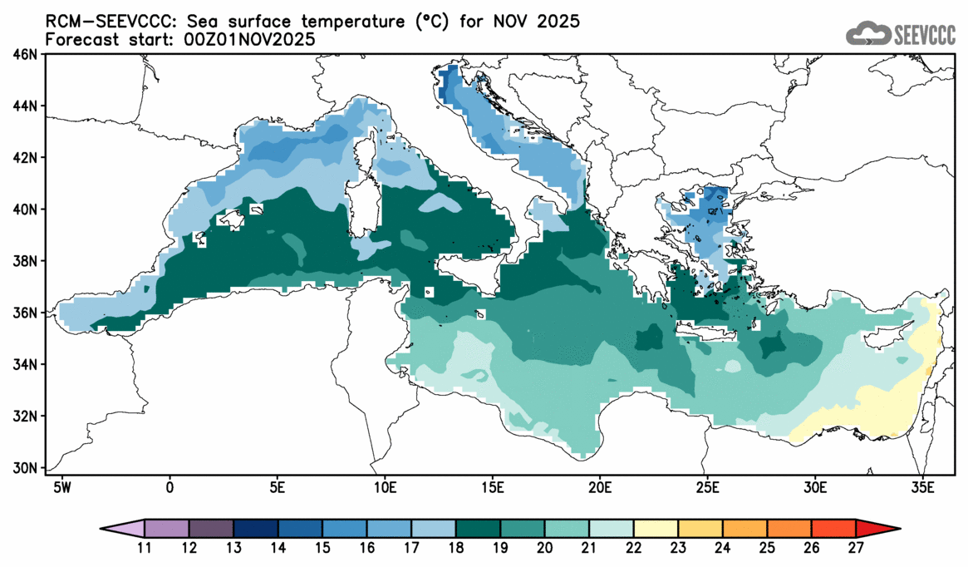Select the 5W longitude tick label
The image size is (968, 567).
point(61,486)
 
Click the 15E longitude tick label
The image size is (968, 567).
point(491,486)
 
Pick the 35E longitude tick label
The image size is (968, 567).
point(921,486)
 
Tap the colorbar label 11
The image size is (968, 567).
point(145,547)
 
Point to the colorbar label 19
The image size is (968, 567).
point(501,547)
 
